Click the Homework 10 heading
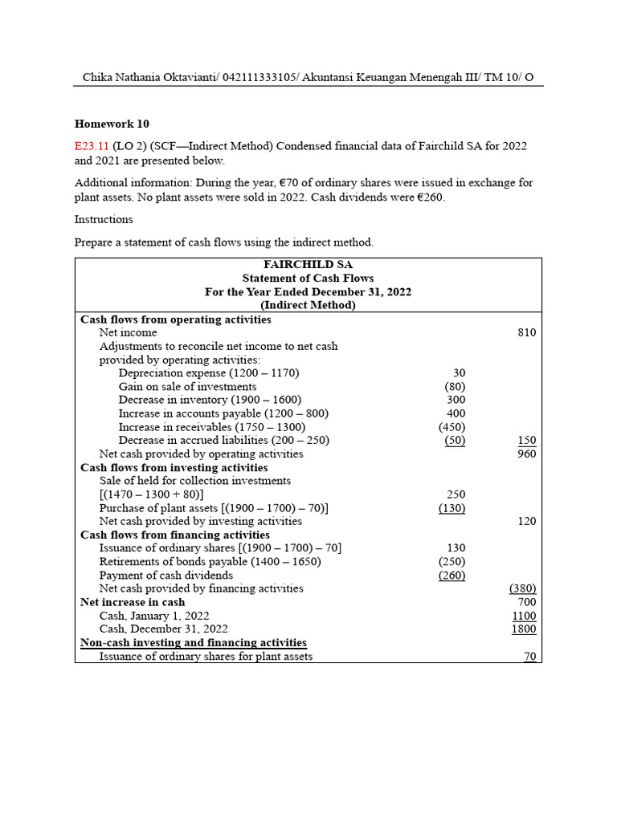pos(112,124)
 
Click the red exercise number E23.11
pos(92,146)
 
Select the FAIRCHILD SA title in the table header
pos(308,265)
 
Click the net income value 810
pos(527,332)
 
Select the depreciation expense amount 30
pos(458,373)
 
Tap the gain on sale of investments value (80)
pos(455,387)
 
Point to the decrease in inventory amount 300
pos(456,400)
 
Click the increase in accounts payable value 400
pos(456,413)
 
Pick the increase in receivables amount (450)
pos(452,427)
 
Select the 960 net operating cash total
pos(526,454)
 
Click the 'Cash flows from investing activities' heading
pos(174,467)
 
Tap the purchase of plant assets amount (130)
pos(452,508)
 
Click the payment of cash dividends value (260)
pos(452,575)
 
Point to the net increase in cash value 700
pos(527,602)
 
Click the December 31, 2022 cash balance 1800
pos(524,629)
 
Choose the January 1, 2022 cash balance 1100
pos(524,616)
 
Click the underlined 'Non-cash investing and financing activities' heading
pos(194,642)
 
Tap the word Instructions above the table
pos(104,219)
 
